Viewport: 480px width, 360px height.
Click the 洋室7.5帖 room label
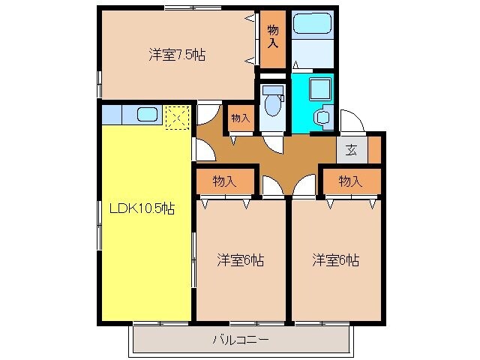pos(177,54)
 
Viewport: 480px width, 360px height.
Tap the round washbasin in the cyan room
pos(323,117)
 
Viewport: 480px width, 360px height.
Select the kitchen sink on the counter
pos(148,115)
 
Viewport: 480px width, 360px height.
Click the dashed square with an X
pos(176,117)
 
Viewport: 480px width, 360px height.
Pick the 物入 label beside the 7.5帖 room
pos(273,36)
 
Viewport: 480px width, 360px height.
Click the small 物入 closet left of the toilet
pos(240,118)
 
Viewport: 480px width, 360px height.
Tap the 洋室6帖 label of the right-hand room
pos(335,260)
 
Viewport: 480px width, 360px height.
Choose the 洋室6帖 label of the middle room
pos(240,260)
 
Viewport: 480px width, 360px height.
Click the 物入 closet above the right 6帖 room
pos(350,181)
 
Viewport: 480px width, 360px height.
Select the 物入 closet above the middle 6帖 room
pos(224,181)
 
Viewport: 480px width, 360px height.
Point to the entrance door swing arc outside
pos(351,121)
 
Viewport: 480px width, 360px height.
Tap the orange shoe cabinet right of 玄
pos(374,148)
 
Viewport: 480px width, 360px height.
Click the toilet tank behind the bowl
pos(272,91)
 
